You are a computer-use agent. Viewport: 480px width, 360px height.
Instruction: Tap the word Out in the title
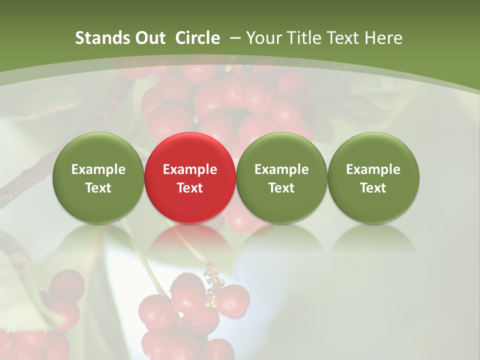[x=149, y=38]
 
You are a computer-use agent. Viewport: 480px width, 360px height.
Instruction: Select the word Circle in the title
[x=197, y=38]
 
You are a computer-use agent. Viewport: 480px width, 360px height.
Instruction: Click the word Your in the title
[x=264, y=38]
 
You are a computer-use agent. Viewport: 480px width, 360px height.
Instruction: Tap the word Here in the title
[x=384, y=38]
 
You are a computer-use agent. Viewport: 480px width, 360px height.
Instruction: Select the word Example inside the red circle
[x=190, y=169]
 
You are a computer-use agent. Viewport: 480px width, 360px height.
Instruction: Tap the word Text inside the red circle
[x=190, y=188]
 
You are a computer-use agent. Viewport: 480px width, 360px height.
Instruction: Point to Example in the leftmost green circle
[x=98, y=169]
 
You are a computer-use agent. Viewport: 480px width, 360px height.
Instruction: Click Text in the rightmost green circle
[x=373, y=188]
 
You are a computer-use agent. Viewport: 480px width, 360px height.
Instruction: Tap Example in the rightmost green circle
[x=373, y=169]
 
